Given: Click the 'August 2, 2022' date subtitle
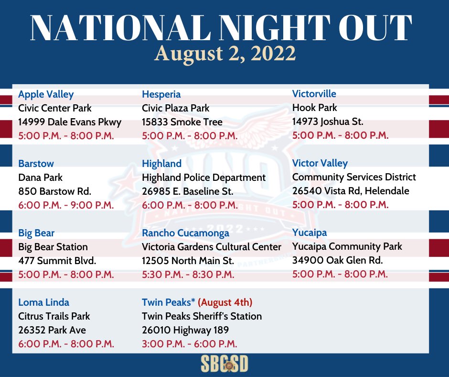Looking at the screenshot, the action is pos(225,54).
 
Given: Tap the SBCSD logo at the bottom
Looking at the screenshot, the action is pos(224,364).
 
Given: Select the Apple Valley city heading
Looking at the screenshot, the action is pos(46,94).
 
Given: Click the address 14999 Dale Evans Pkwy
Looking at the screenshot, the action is pos(70,122).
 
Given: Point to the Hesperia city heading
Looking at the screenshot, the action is pos(161,94).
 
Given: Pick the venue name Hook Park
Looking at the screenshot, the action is pos(314,108).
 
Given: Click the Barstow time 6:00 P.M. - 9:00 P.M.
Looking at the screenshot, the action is pos(66,205).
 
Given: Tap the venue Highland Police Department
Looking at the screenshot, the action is pos(203,177).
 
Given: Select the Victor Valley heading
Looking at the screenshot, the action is pos(320,163).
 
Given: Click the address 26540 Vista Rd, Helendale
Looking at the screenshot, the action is pos(351,191).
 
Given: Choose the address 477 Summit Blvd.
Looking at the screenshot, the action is pos(57,261).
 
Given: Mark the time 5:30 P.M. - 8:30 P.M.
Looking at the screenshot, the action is pos(188,275).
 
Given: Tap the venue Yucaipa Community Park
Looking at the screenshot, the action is pos(347,246).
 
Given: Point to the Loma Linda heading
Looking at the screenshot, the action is pos(44,302).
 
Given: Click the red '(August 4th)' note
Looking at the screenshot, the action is pos(225,302).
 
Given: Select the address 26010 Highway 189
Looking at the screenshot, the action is pos(185,330).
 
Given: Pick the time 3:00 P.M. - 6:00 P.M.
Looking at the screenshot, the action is pos(190,344).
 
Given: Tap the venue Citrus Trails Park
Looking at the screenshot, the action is pos(54,316).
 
